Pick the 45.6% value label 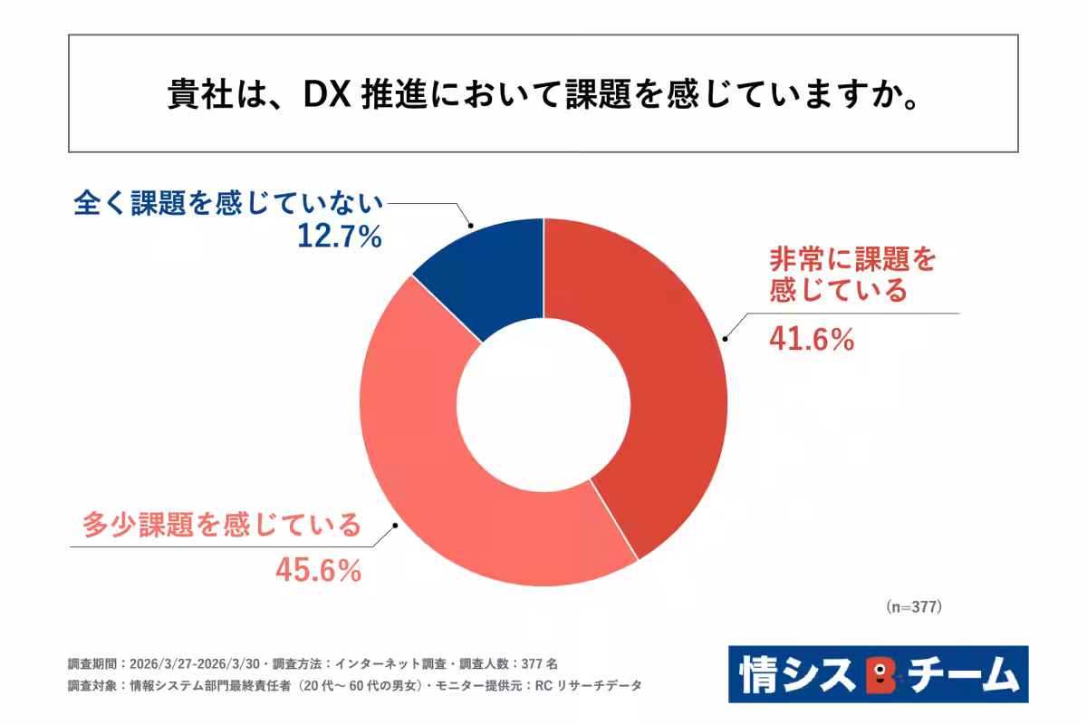(319, 570)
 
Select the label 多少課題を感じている (222, 525)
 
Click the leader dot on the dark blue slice (470, 227)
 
